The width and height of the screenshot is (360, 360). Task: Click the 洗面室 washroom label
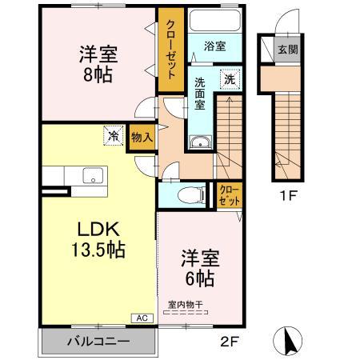[201, 92]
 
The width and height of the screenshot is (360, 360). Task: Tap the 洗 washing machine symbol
[229, 80]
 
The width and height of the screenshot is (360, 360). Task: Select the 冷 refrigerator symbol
[114, 137]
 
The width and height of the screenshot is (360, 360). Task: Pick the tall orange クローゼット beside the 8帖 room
[170, 50]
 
